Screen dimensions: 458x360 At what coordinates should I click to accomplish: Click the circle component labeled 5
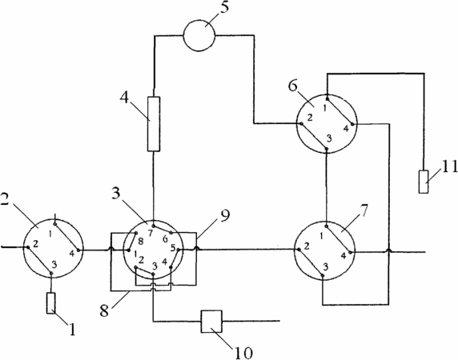point(199,35)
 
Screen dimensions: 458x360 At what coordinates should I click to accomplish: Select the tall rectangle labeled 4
point(154,124)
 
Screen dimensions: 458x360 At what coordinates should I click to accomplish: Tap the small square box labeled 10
point(211,321)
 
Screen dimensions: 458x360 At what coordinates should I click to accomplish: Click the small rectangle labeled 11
point(424,182)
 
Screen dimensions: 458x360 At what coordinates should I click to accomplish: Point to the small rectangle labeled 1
point(50,303)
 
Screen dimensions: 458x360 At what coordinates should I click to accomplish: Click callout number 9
point(224,216)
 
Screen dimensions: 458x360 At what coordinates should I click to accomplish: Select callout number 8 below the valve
point(104,310)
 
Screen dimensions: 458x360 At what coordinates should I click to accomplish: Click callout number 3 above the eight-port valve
point(116,193)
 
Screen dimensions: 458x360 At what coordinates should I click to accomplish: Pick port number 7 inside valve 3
point(151,233)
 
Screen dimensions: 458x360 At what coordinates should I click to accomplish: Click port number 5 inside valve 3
point(173,249)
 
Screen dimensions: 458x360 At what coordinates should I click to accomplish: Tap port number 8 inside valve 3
point(141,242)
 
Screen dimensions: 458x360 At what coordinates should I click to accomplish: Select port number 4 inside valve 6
point(346,129)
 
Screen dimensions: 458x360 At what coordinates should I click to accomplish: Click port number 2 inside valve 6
point(310,118)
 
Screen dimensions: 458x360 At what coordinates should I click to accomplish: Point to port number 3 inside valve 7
point(325,266)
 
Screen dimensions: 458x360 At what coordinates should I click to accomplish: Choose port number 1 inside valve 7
point(322,237)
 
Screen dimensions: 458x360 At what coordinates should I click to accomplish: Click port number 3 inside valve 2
point(54,265)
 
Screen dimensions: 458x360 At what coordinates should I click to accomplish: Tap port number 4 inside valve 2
point(72,254)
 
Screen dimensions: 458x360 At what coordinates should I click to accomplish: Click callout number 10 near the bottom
point(243,353)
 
